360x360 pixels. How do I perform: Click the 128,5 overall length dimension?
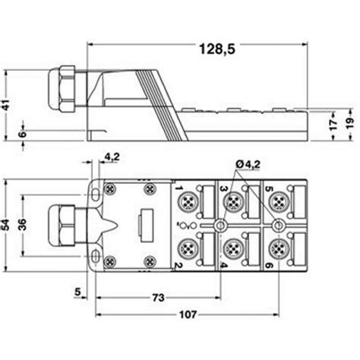(217, 49)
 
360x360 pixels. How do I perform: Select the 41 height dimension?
(6, 105)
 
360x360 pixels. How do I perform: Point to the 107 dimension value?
(188, 314)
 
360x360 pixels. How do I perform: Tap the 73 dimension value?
(158, 298)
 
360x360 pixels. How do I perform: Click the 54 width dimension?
(5, 225)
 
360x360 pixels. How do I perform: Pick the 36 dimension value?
(22, 224)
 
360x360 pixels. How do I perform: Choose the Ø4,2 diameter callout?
(248, 165)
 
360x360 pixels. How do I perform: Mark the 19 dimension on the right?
(350, 124)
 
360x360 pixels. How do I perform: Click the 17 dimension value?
(333, 125)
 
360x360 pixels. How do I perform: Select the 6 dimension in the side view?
(23, 134)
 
